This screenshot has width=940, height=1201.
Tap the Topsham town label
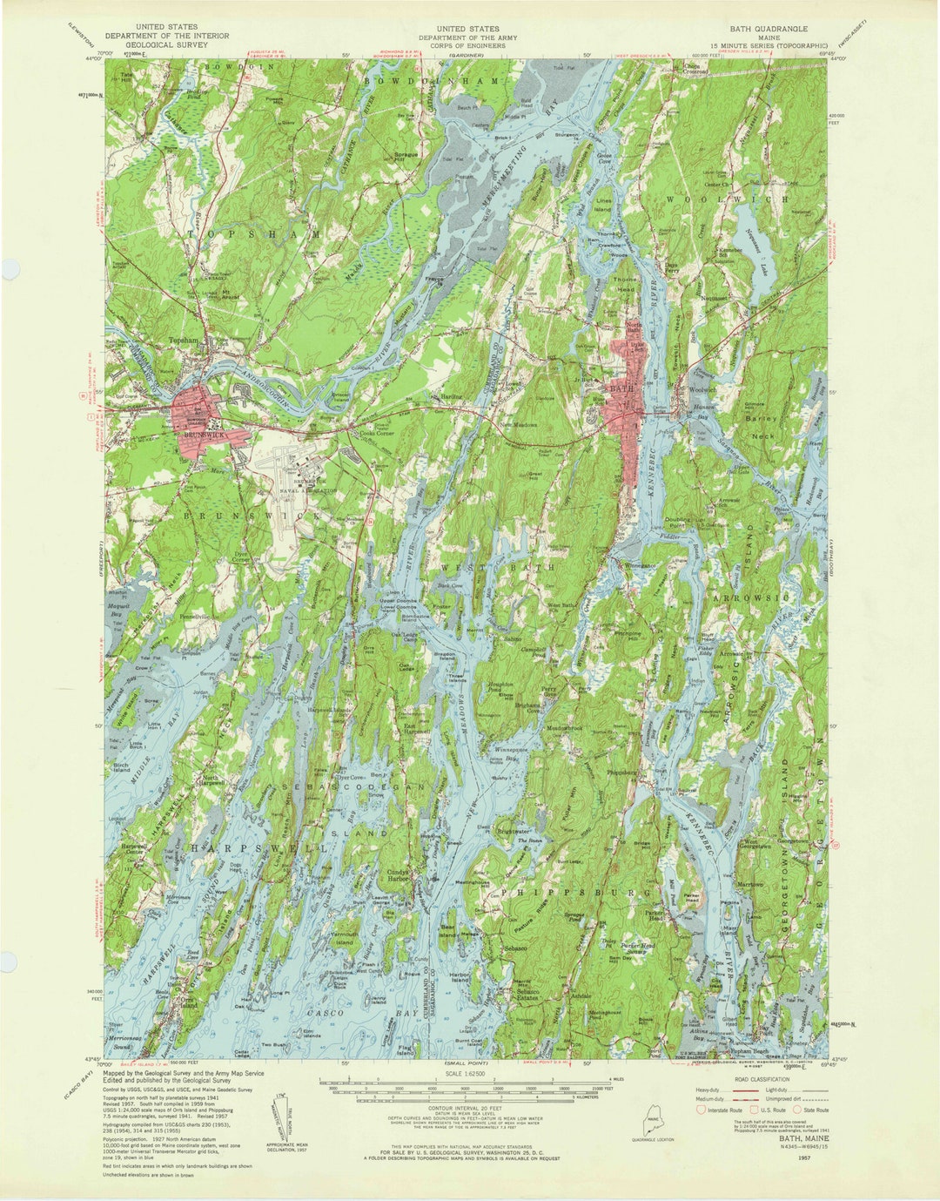pyautogui.click(x=185, y=341)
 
